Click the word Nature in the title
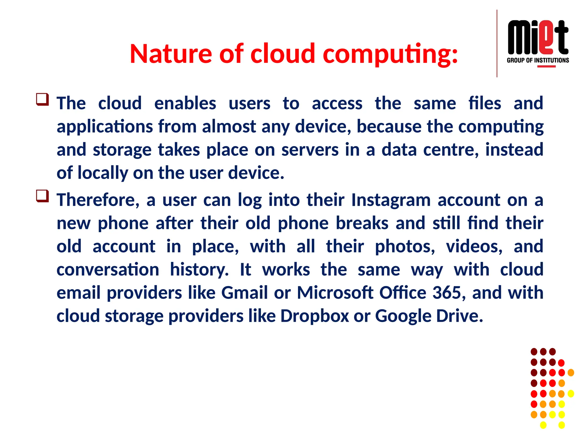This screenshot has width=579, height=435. coord(171,54)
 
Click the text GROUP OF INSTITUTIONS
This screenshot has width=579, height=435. coord(538,60)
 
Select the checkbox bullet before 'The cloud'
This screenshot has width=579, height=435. coord(42,100)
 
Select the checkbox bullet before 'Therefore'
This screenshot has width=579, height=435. coord(42,196)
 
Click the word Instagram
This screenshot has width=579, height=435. coord(391,200)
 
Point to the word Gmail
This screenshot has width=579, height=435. coord(244,293)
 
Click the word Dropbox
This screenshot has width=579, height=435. coord(315,316)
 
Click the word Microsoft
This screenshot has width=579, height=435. coord(335,293)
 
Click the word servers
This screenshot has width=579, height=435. coord(310,150)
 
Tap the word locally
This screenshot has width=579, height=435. coord(102,173)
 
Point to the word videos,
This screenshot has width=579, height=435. coord(474,247)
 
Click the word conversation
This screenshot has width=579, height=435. coord(108,270)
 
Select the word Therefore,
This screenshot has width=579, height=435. coord(98,200)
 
